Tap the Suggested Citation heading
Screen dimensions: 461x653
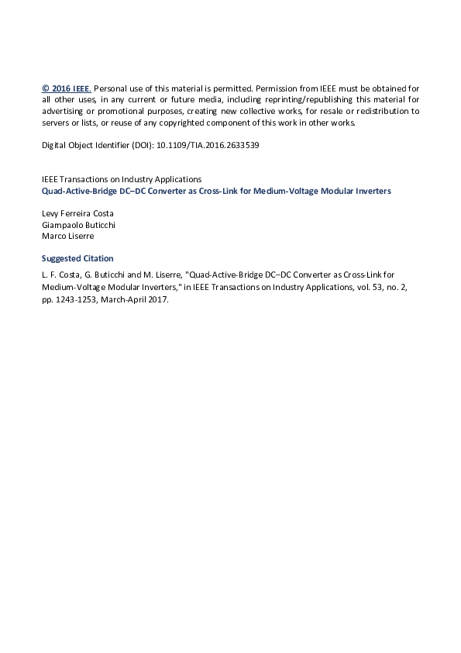(x=77, y=258)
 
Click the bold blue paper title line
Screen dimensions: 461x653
(x=216, y=191)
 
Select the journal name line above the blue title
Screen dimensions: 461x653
(x=121, y=179)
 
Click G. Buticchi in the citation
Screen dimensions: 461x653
(x=105, y=274)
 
